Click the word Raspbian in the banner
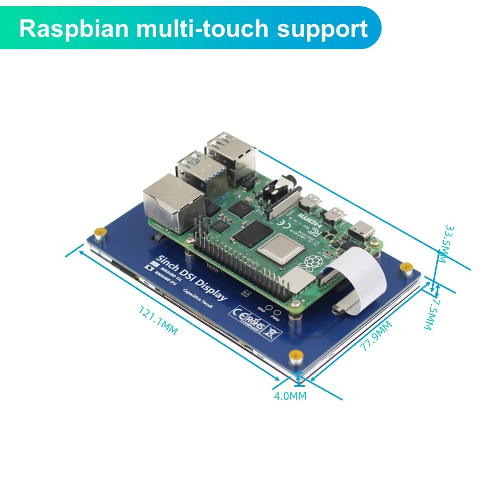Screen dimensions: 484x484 click(x=74, y=29)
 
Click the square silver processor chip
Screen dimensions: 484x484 click(x=279, y=250)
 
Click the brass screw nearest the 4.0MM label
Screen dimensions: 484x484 click(x=295, y=356)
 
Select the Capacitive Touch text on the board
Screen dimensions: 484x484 click(x=198, y=298)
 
